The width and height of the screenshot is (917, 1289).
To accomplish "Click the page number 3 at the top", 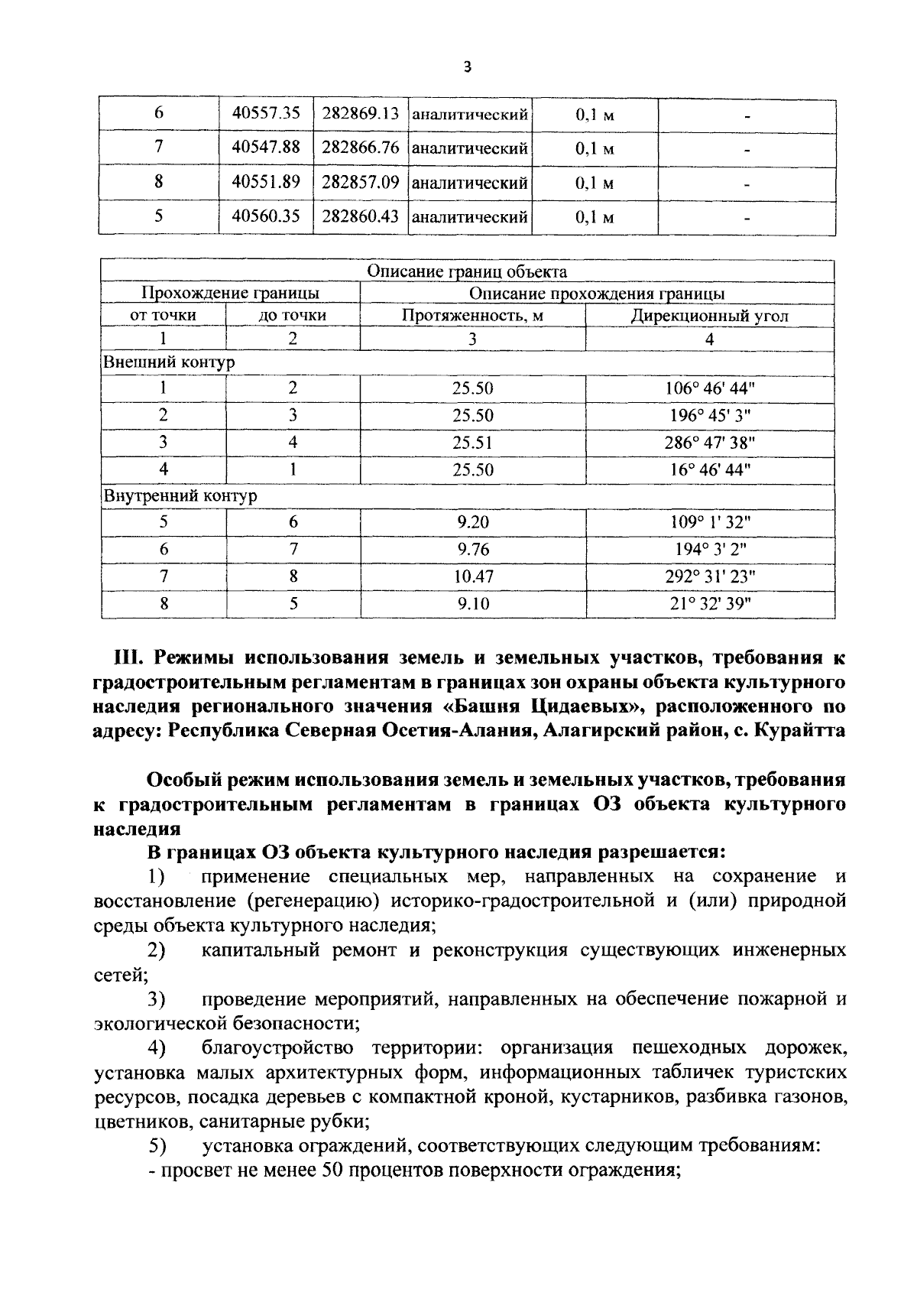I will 468,68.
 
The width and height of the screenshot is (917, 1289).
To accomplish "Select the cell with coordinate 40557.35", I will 266,114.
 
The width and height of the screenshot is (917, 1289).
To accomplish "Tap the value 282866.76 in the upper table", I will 361,148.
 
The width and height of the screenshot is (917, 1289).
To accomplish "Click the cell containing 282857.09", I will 361,183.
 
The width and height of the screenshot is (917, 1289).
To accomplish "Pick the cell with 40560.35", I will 266,216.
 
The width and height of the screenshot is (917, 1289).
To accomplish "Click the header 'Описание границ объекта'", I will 467,271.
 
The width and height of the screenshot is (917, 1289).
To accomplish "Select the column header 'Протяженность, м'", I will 472,315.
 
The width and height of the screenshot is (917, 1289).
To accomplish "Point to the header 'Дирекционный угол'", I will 709,315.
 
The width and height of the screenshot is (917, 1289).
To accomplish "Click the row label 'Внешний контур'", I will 169,362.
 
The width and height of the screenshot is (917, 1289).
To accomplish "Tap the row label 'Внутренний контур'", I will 180,495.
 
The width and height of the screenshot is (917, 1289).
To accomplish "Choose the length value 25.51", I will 472,443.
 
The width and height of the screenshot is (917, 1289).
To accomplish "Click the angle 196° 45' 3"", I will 709,415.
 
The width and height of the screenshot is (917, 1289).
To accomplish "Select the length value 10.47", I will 472,576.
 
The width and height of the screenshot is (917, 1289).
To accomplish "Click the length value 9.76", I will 472,550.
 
